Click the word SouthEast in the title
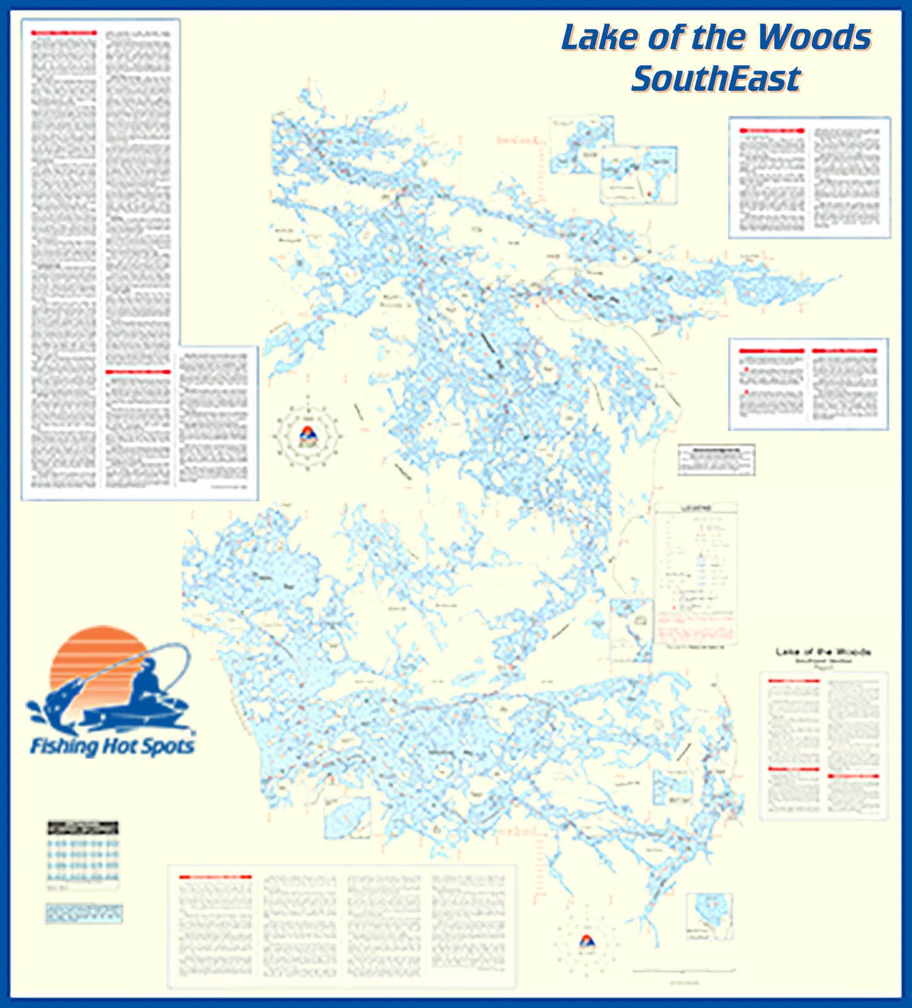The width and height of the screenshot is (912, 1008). [x=716, y=79]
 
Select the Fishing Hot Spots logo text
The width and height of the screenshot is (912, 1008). [x=112, y=747]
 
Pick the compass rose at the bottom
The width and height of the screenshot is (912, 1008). [x=586, y=942]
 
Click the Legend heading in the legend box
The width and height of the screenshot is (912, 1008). [x=695, y=508]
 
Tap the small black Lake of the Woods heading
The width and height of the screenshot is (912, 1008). [x=823, y=651]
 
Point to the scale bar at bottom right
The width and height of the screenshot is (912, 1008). [x=684, y=970]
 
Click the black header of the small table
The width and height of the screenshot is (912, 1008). [x=83, y=827]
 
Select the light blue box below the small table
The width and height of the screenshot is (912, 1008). [x=83, y=913]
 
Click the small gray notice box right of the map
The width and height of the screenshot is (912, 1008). [x=716, y=460]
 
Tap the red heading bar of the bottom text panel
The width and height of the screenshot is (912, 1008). [x=215, y=877]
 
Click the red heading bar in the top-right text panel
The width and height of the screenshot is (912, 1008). [x=773, y=131]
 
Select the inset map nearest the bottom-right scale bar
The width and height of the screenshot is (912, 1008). [x=709, y=916]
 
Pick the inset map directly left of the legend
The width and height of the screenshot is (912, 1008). [x=631, y=630]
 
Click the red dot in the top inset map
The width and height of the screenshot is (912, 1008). [x=648, y=193]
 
